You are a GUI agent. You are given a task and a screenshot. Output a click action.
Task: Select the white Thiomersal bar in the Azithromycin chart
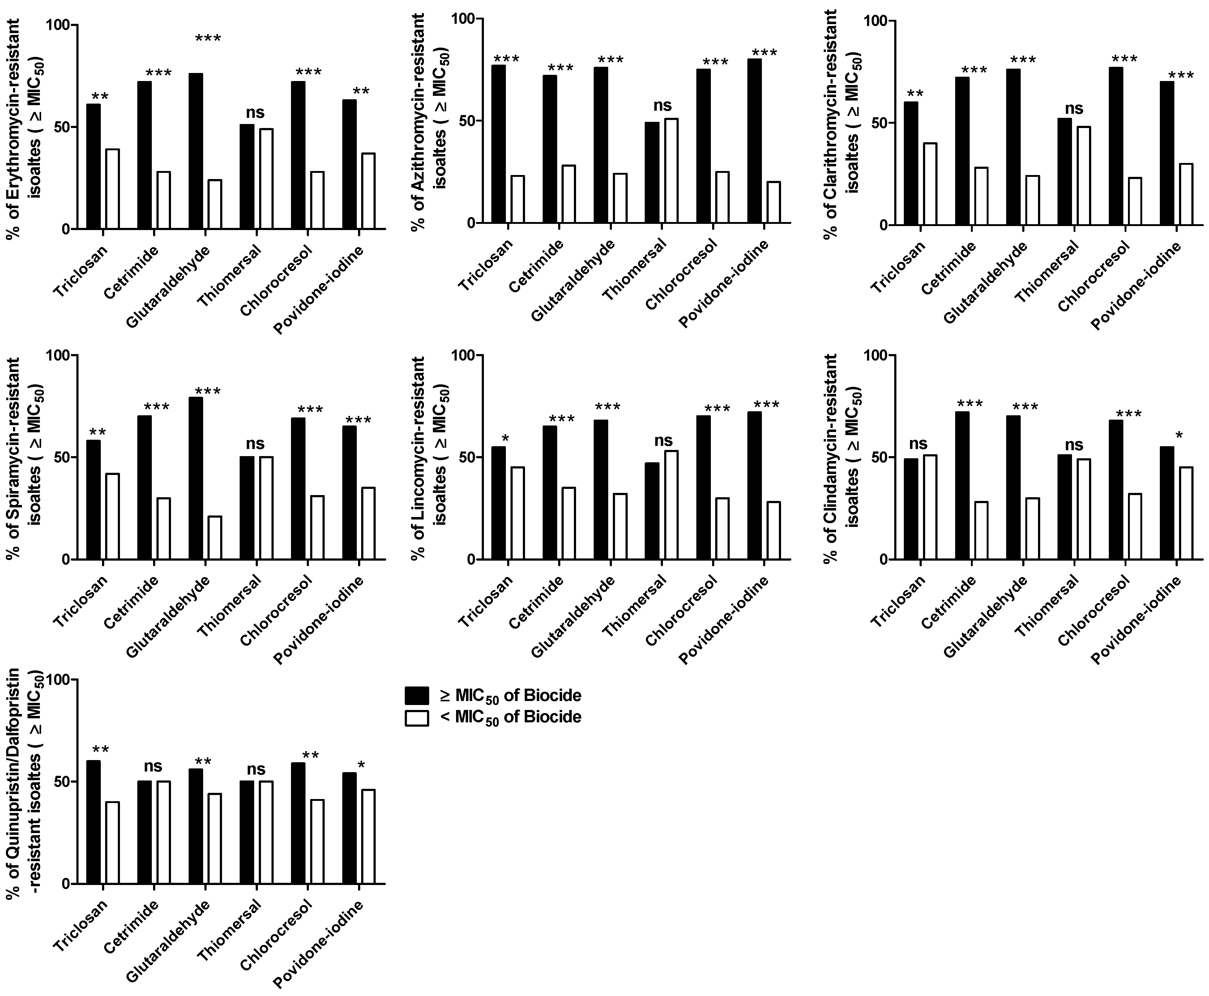click(670, 170)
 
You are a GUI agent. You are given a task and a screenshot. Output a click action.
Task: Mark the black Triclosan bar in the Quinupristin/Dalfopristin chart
click(93, 822)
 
